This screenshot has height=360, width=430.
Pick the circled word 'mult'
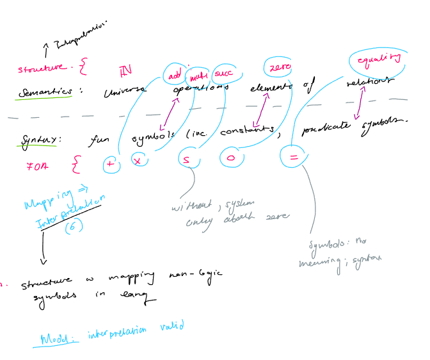[x=198, y=77]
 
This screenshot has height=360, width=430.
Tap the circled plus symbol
[x=111, y=165]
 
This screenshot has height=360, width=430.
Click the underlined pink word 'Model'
[x=60, y=338]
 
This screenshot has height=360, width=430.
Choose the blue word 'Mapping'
[x=46, y=202]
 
